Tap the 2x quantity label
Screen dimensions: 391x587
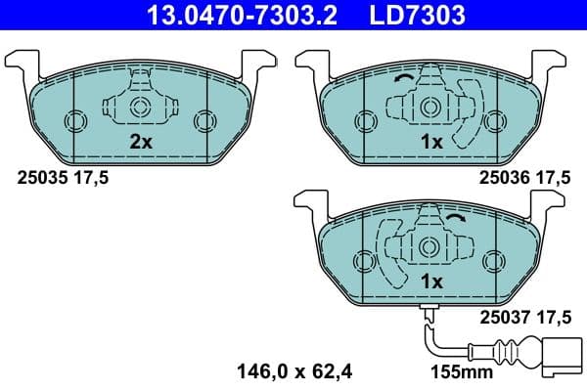(142, 142)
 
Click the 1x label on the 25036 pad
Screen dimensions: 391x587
(431, 142)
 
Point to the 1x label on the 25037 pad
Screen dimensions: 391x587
(431, 281)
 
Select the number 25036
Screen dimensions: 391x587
(501, 177)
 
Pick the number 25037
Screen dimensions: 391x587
(501, 316)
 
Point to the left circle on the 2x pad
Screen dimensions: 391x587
(75, 120)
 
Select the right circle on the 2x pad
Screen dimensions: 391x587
(203, 120)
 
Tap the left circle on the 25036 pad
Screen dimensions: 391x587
(365, 120)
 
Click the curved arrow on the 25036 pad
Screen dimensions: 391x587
(402, 81)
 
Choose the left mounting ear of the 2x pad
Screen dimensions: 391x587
(22, 61)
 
